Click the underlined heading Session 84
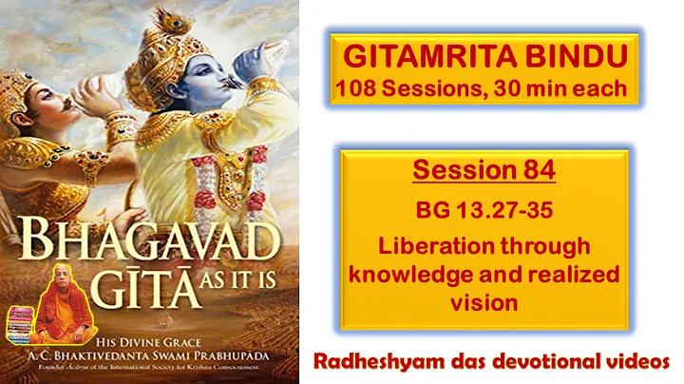click(484, 172)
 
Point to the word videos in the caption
click(634, 359)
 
